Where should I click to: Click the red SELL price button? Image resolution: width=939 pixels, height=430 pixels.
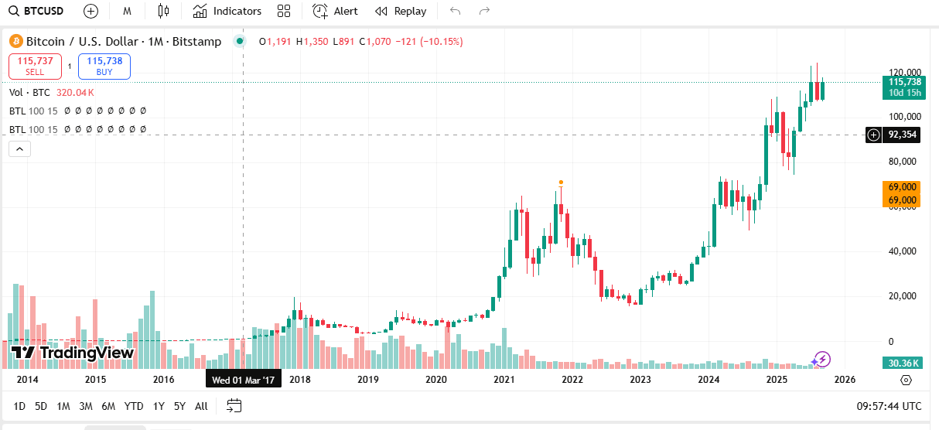coord(35,66)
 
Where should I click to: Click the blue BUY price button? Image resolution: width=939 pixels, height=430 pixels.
coord(104,66)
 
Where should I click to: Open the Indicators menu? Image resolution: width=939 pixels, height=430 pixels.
coord(227,11)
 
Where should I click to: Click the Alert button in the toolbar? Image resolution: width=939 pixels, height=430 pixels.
coord(335,11)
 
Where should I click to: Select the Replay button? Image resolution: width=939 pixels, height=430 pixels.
coord(401,11)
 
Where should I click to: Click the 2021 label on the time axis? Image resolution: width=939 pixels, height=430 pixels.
coord(504,380)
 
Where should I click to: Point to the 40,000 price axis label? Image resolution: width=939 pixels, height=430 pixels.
coord(900,251)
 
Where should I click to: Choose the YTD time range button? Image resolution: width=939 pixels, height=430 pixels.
coord(134,406)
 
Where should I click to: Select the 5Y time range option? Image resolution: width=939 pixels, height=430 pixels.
coord(179,406)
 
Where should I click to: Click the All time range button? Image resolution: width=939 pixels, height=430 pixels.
coord(201,406)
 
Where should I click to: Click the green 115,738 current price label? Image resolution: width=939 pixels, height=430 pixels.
coord(904,87)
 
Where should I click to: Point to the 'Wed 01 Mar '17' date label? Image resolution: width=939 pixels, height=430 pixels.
coord(244,380)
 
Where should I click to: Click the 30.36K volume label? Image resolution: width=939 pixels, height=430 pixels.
coord(903,363)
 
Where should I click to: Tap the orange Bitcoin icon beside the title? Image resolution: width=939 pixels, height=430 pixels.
coord(15,41)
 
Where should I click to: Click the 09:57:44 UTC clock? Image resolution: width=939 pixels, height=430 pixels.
coord(889,406)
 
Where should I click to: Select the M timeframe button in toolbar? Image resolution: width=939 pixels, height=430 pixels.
coord(127,11)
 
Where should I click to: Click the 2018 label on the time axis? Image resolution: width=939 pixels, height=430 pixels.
coord(300,380)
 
